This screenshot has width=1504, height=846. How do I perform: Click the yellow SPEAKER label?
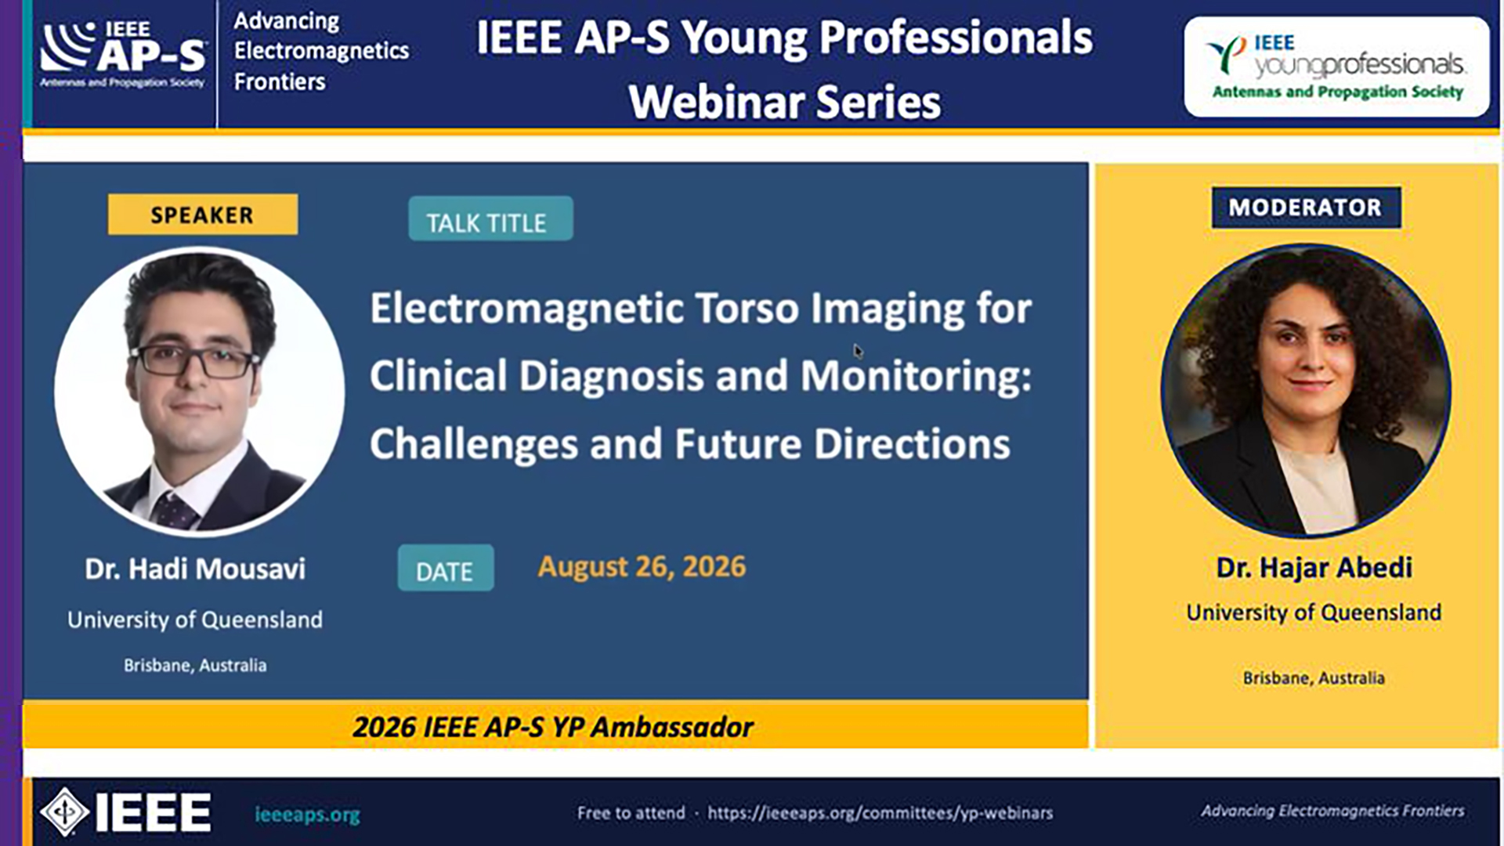[x=203, y=214]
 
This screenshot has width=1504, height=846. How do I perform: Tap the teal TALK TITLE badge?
[x=490, y=219]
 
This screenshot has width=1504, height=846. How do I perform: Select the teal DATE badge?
[x=446, y=568]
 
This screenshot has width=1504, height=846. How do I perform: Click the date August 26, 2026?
[x=642, y=566]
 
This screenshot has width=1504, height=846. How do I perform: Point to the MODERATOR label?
[x=1306, y=208]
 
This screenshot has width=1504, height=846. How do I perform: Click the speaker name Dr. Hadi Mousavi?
[x=195, y=569]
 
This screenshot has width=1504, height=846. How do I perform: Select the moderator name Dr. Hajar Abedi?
[x=1314, y=567]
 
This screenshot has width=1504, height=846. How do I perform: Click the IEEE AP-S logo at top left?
[x=124, y=54]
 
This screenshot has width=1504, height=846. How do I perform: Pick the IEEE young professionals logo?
[x=1336, y=67]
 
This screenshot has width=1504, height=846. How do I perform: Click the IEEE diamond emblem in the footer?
[x=64, y=812]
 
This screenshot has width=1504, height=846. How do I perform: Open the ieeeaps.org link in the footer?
[x=307, y=815]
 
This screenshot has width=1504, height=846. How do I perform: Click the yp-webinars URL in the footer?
[x=880, y=813]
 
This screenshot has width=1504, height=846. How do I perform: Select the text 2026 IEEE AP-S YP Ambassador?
[x=553, y=727]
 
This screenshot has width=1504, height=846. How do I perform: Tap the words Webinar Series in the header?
[x=784, y=102]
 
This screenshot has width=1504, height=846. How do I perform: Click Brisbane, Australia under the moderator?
[x=1314, y=678]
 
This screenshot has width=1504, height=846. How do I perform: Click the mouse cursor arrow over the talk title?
[x=858, y=351]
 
